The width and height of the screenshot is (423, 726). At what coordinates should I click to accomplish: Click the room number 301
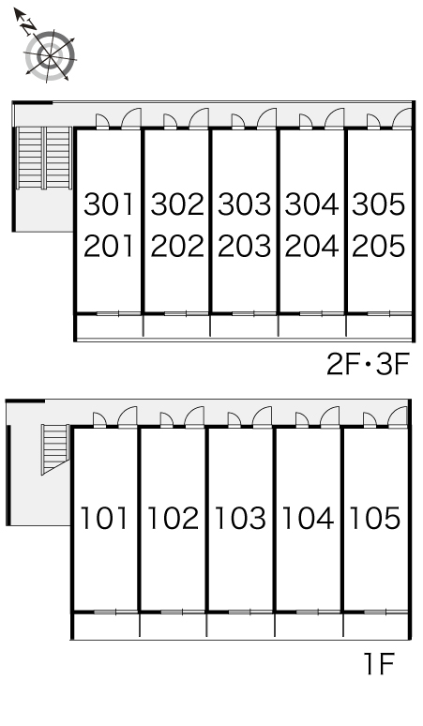click(109, 204)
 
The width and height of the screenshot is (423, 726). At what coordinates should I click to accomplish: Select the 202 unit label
click(177, 246)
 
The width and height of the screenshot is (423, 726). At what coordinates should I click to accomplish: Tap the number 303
click(245, 204)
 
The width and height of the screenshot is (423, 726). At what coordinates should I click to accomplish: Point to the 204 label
click(312, 246)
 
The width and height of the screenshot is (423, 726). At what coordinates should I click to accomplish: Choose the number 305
click(379, 204)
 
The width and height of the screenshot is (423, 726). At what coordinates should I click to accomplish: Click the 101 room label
click(104, 518)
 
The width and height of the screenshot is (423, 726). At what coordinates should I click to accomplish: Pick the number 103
click(241, 518)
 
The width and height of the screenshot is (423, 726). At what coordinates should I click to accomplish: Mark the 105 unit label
click(375, 518)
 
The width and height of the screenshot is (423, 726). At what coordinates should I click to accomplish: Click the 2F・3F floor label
click(369, 364)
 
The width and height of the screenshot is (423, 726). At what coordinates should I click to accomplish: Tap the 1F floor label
click(379, 663)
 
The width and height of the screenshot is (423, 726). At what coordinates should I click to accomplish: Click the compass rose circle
click(50, 56)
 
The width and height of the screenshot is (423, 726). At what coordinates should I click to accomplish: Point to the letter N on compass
click(30, 26)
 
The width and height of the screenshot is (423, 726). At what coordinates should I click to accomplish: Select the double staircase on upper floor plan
click(44, 158)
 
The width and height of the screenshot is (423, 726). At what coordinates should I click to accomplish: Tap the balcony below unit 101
click(106, 627)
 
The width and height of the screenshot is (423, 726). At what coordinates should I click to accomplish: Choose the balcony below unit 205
click(380, 327)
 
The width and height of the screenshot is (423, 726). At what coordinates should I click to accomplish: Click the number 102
click(174, 518)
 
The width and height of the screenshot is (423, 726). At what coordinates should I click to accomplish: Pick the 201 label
click(109, 246)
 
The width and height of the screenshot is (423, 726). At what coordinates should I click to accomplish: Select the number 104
click(309, 518)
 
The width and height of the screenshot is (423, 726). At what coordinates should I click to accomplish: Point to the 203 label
click(245, 246)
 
